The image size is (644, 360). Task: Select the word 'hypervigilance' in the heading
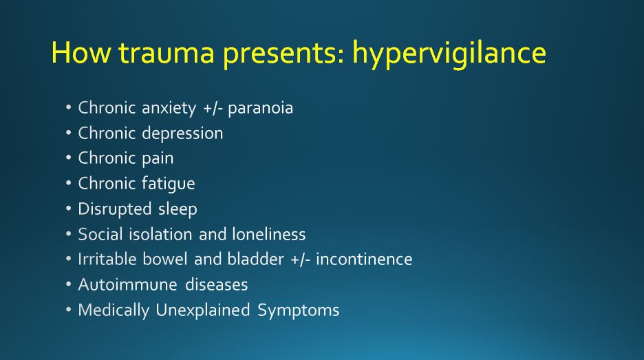pos(449,54)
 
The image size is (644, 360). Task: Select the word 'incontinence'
pos(364,260)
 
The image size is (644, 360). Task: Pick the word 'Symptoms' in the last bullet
pos(299,310)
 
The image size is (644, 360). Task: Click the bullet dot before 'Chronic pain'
pos(69,158)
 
